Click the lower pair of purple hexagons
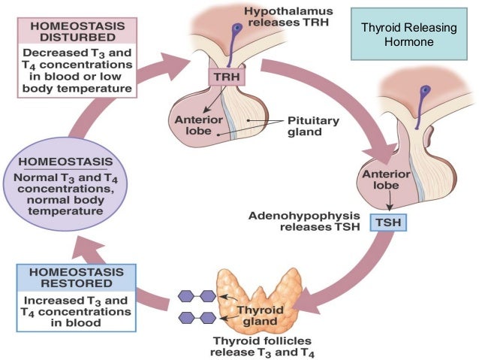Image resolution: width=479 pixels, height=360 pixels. (x=197, y=318)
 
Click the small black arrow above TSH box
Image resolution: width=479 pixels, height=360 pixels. (x=390, y=201)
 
